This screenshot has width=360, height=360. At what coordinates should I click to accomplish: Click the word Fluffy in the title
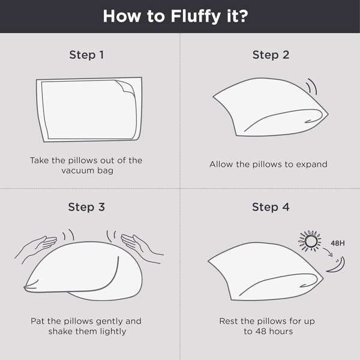click(196, 17)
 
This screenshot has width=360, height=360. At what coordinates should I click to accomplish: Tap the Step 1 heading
click(86, 55)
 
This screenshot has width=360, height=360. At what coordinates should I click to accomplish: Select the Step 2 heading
click(271, 55)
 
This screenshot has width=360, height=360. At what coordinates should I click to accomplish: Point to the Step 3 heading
click(86, 207)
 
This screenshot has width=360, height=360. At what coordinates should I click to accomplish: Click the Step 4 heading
click(271, 207)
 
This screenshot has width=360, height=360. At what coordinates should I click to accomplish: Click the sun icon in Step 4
click(310, 241)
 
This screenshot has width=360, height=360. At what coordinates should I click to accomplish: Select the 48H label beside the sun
click(338, 243)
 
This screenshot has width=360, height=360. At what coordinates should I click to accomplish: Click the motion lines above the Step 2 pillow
click(312, 86)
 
